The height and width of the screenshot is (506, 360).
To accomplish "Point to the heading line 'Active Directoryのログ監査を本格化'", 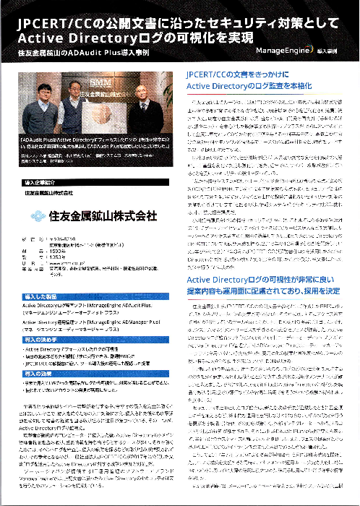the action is (x=254, y=87).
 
